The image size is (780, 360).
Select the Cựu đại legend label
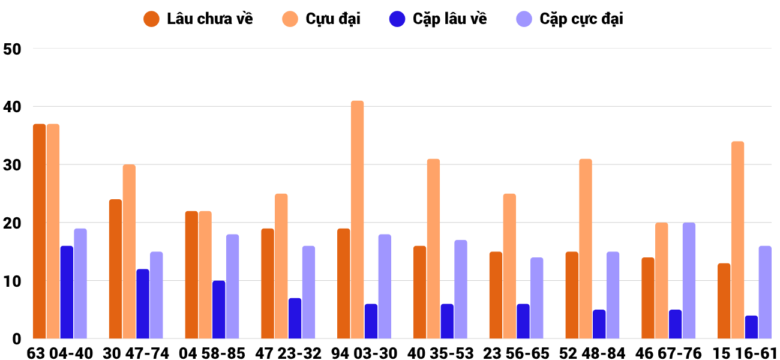point(333,19)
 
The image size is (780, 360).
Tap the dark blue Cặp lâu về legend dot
point(397,19)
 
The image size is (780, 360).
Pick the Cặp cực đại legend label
point(581,19)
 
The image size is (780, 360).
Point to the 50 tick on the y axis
point(12,49)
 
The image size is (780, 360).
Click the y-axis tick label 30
point(12,164)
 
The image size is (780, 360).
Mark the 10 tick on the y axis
point(12,281)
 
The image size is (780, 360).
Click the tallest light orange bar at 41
point(357,220)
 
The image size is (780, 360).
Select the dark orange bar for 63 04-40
point(40,231)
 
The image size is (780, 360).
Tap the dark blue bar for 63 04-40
point(67,292)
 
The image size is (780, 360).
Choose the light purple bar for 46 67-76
point(689,281)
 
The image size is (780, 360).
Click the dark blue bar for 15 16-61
point(751,327)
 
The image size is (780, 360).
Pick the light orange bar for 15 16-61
point(737,240)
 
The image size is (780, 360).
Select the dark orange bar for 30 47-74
point(116,269)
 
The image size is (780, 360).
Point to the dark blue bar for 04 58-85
point(218,310)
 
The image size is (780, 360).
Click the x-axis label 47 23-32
point(288,353)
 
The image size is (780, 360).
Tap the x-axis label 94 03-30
point(364,353)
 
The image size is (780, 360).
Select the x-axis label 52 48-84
point(592,353)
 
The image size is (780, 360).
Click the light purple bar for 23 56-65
point(537,298)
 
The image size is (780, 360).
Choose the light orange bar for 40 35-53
point(434,248)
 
